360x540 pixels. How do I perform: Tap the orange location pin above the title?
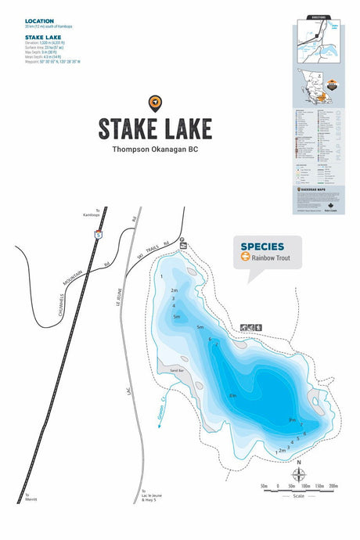point(154,103)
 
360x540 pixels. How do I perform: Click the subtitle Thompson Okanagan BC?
point(154,149)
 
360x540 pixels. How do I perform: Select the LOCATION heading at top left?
point(40,21)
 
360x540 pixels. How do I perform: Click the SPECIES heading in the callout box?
point(261,245)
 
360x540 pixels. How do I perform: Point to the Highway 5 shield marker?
point(97,232)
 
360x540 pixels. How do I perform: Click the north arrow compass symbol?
point(298,473)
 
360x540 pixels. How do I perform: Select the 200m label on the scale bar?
point(333,486)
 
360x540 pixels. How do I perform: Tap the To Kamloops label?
point(97,212)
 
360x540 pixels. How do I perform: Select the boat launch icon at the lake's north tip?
point(182,244)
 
